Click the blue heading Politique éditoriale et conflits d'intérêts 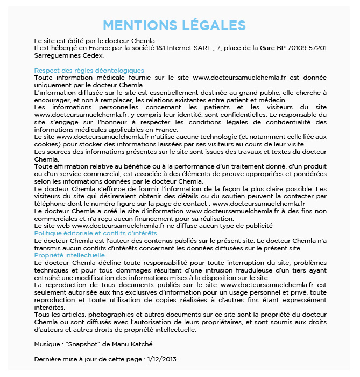[x=95, y=233]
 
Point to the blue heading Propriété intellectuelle [x=69, y=255]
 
